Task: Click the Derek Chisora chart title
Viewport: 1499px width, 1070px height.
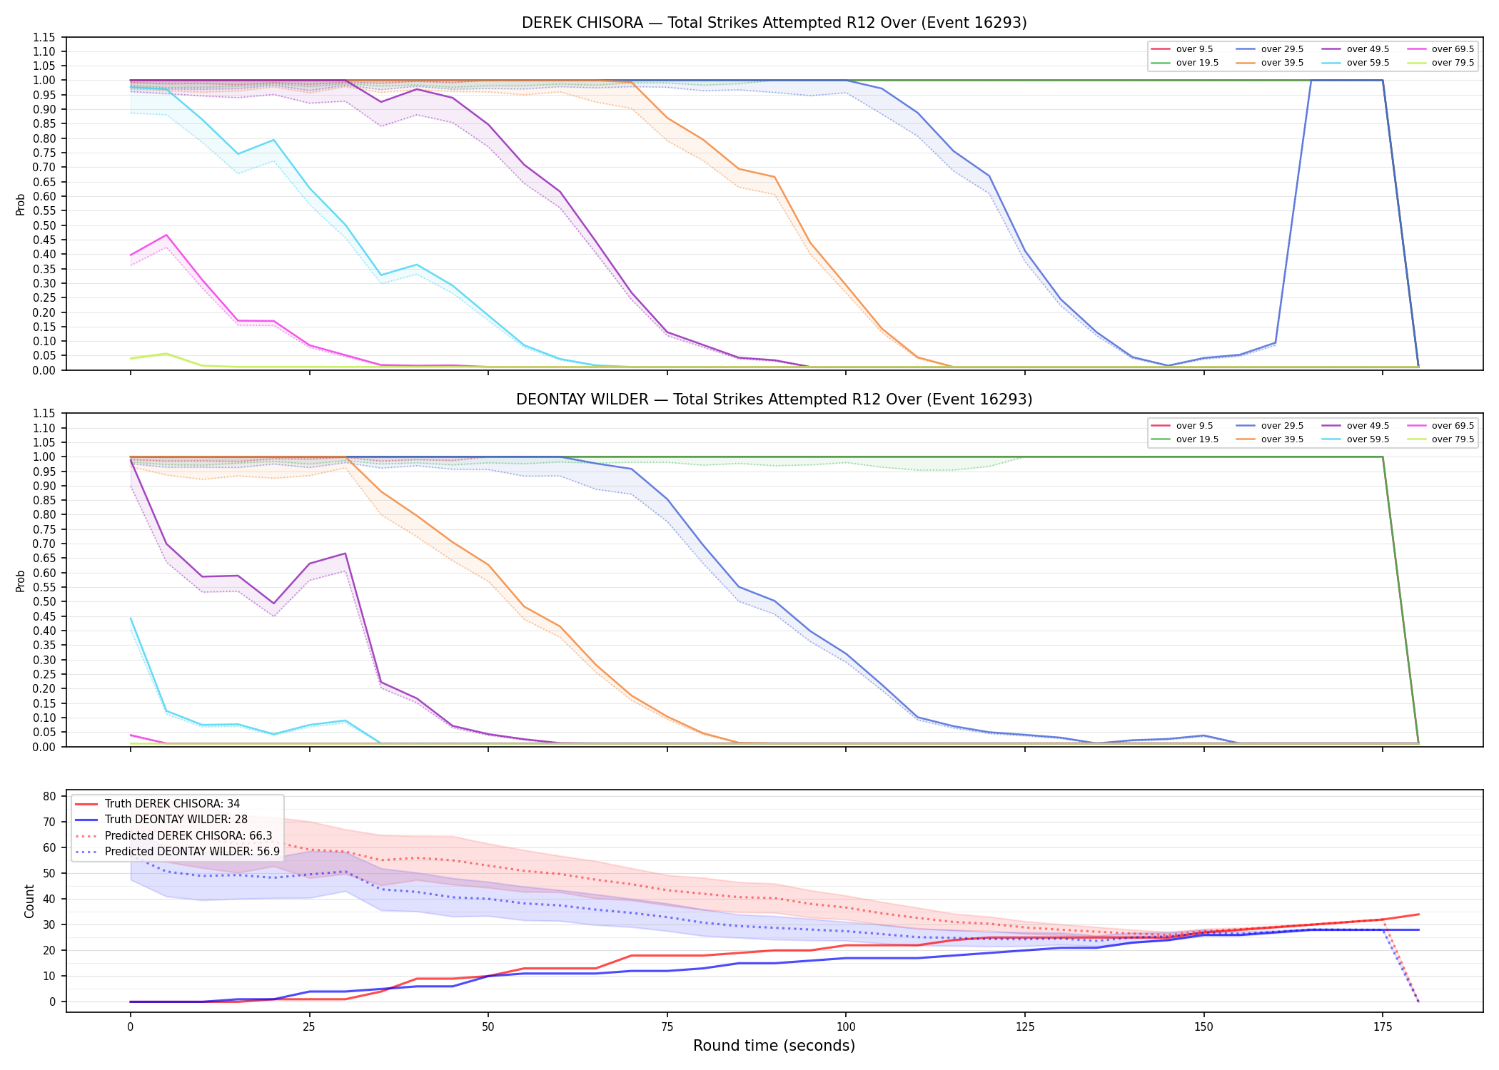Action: [774, 23]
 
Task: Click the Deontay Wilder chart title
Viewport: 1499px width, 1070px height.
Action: [774, 399]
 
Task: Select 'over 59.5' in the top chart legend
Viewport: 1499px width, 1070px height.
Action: [1368, 63]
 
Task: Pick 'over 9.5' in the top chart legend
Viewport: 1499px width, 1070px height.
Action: [1194, 49]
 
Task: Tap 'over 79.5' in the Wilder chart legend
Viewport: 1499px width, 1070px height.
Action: [1453, 439]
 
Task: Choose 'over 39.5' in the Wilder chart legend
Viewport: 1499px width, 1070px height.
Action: [1282, 439]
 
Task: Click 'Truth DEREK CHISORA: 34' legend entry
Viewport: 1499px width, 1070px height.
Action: [172, 804]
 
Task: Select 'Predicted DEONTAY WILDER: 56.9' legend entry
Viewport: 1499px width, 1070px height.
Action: [192, 851]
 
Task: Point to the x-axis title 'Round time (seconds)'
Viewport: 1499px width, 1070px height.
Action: [774, 1046]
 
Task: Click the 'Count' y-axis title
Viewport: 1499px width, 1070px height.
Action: [29, 901]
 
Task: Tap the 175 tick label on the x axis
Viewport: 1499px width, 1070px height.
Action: [1383, 1027]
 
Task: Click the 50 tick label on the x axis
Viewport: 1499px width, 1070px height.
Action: [488, 1027]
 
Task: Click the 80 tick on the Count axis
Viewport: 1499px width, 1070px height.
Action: [49, 796]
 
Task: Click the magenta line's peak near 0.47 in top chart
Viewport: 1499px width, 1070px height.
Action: [166, 235]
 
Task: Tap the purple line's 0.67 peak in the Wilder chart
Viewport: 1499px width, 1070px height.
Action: [345, 554]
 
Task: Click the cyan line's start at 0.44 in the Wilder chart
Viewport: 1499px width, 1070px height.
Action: [131, 618]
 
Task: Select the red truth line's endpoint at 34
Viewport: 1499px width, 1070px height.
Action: [1418, 914]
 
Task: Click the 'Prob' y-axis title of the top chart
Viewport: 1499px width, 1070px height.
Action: [21, 204]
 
